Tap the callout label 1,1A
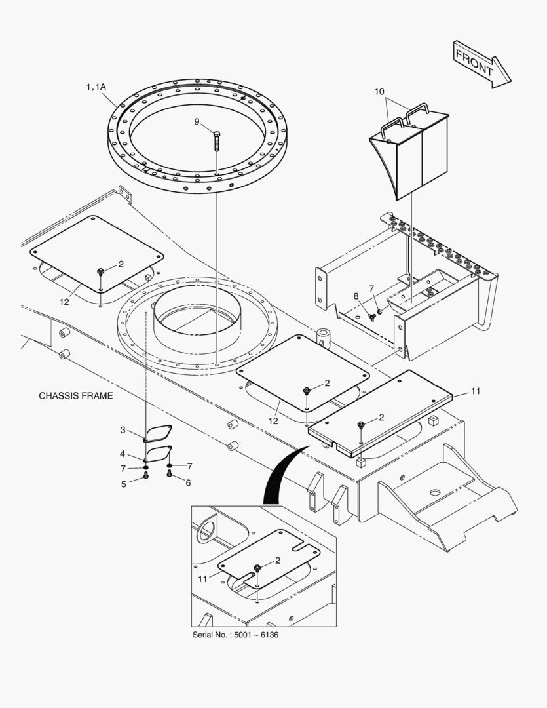pyautogui.click(x=96, y=87)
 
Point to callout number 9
pyautogui.click(x=197, y=121)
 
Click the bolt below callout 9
pyautogui.click(x=217, y=140)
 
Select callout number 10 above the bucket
pyautogui.click(x=379, y=92)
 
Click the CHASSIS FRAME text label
pyautogui.click(x=75, y=396)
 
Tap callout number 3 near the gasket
pyautogui.click(x=123, y=430)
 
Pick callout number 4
pyautogui.click(x=123, y=454)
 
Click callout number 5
pyautogui.click(x=123, y=484)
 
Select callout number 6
pyautogui.click(x=188, y=483)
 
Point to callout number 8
pyautogui.click(x=356, y=296)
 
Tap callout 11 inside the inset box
pyautogui.click(x=202, y=580)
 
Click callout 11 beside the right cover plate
pyautogui.click(x=476, y=391)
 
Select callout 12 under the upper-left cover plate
pyautogui.click(x=64, y=302)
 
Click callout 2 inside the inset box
pyautogui.click(x=278, y=560)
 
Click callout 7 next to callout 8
pyautogui.click(x=371, y=288)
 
